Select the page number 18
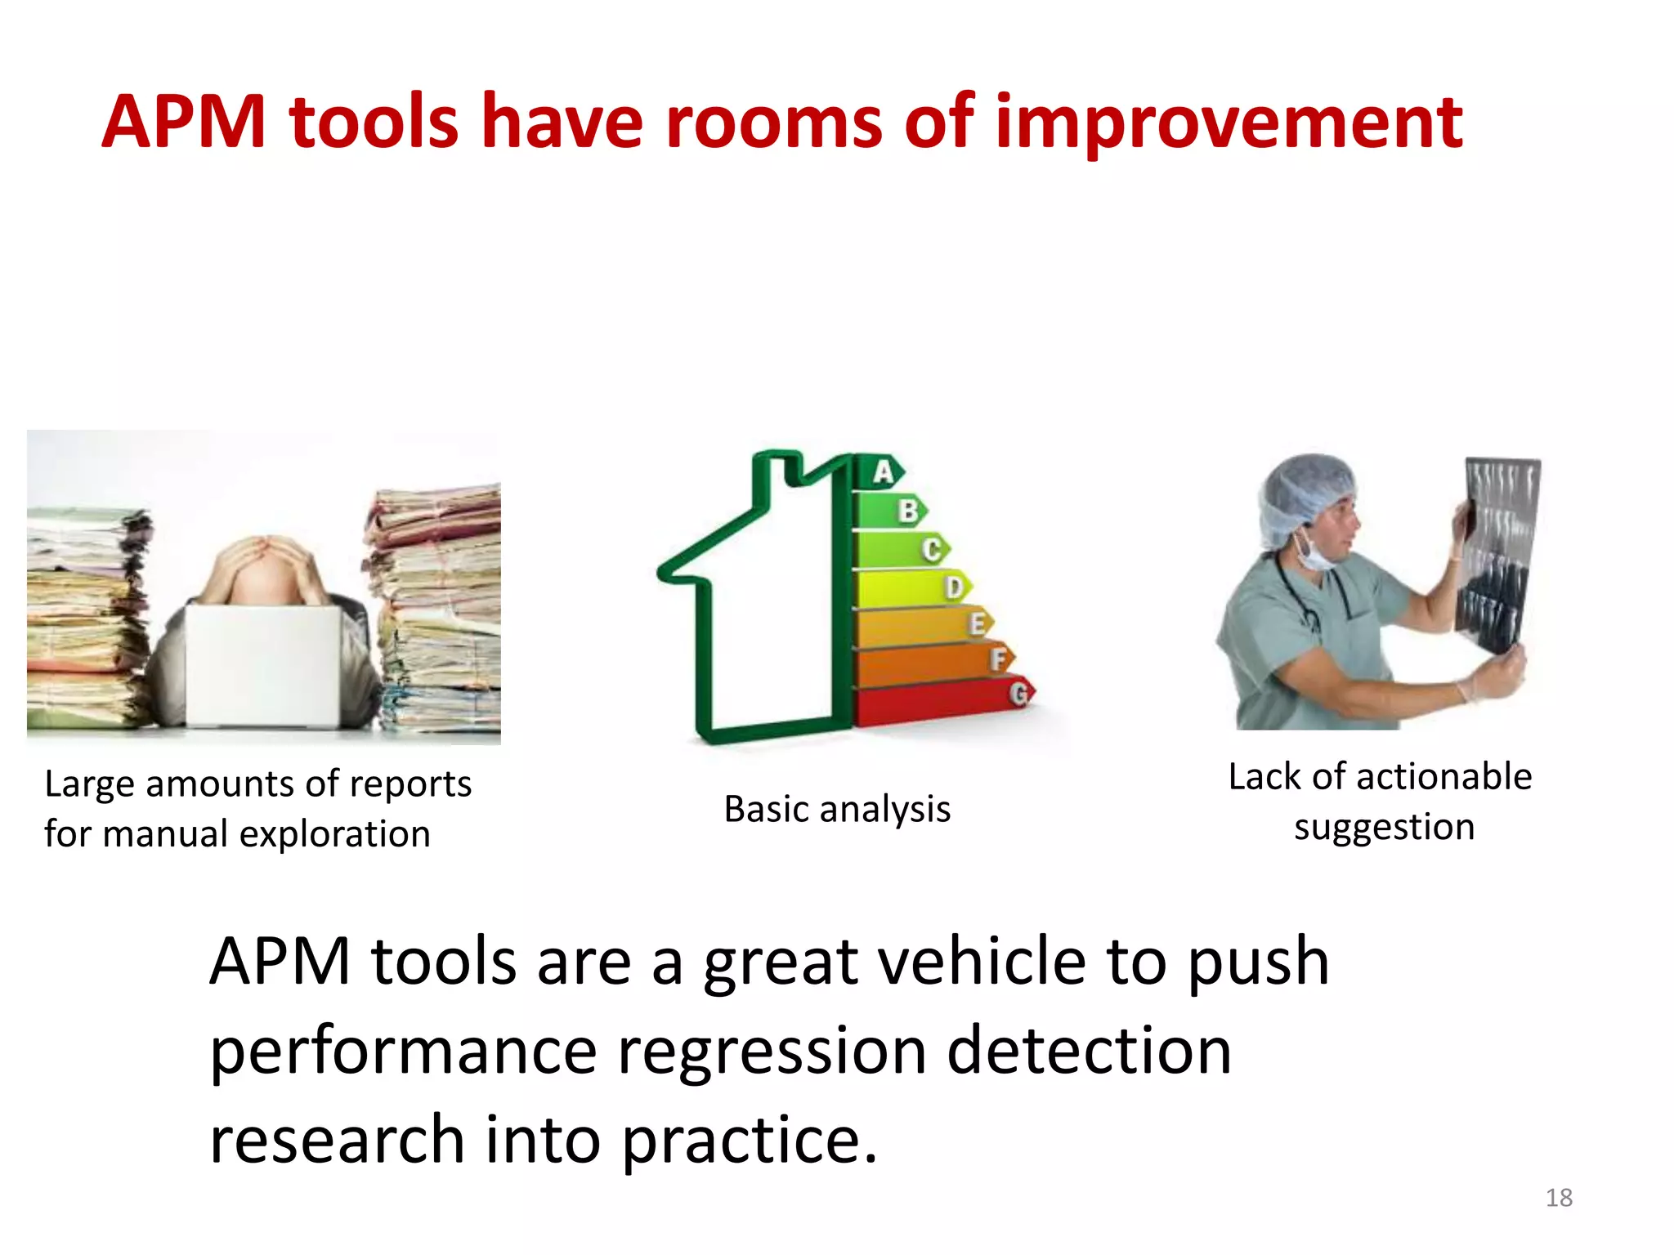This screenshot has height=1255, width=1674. pyautogui.click(x=1559, y=1198)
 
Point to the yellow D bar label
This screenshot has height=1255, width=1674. pyautogui.click(x=953, y=587)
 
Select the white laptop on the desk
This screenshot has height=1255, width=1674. pyautogui.click(x=262, y=666)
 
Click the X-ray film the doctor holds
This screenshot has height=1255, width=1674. pyautogui.click(x=1496, y=556)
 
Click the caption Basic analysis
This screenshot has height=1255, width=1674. pyautogui.click(x=837, y=810)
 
